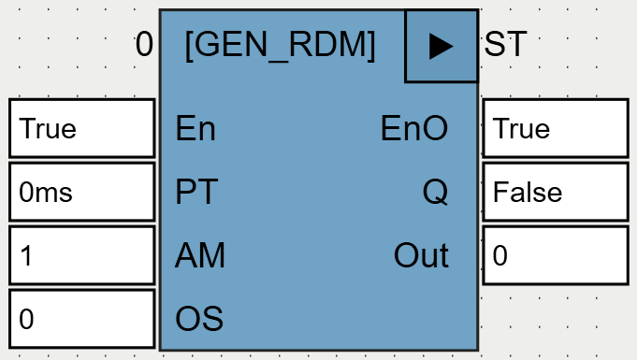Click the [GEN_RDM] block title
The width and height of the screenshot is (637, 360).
tap(281, 46)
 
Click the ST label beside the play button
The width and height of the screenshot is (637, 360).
tap(505, 46)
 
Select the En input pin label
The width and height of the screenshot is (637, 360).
tap(195, 128)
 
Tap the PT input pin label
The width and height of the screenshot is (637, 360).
tap(196, 192)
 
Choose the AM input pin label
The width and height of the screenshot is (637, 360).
tap(200, 255)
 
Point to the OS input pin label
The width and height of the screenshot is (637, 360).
tap(199, 319)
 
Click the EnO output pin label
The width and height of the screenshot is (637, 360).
tap(414, 128)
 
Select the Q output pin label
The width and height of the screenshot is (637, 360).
tap(435, 192)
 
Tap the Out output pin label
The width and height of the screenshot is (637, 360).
tap(421, 255)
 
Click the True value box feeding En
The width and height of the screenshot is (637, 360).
tap(81, 128)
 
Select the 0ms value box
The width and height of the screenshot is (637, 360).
tap(81, 192)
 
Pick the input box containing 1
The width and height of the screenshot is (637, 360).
tap(81, 255)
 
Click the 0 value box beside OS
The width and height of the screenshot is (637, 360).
tap(81, 319)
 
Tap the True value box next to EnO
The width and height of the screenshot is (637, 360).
tap(555, 128)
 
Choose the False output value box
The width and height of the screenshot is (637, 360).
tap(555, 192)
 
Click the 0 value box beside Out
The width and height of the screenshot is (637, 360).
tap(555, 255)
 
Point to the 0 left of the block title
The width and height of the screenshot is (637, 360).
tap(143, 45)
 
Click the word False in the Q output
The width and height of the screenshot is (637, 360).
tap(528, 193)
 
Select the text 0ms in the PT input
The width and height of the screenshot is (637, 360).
tap(46, 193)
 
